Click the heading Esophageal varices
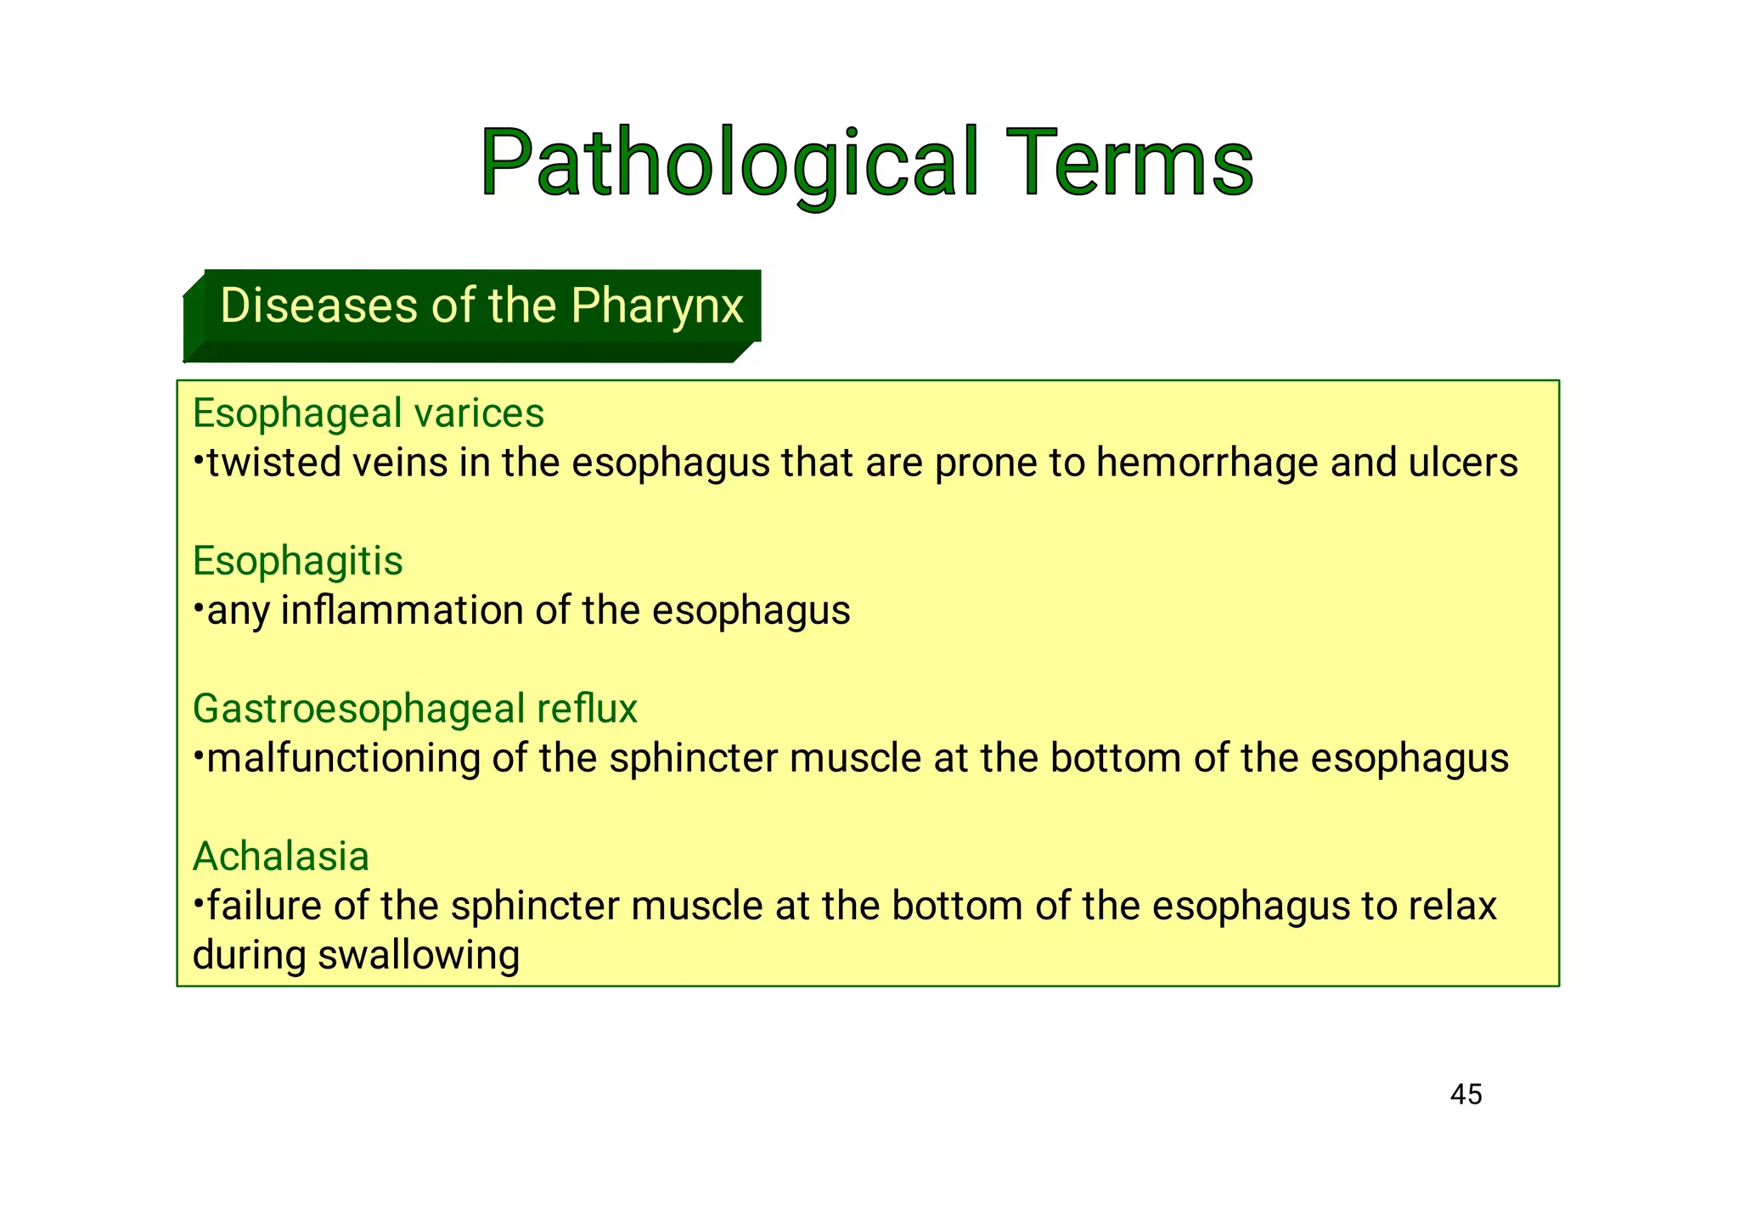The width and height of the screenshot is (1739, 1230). click(368, 413)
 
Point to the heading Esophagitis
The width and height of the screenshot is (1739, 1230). click(297, 561)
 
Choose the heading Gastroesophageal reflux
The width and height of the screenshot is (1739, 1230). click(414, 709)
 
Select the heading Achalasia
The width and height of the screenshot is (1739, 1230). click(281, 857)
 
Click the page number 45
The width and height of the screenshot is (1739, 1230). click(1466, 1094)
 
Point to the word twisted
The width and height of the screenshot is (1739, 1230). click(273, 463)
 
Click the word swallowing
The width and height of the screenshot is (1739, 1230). click(418, 956)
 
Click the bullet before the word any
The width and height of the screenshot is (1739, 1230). click(198, 606)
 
